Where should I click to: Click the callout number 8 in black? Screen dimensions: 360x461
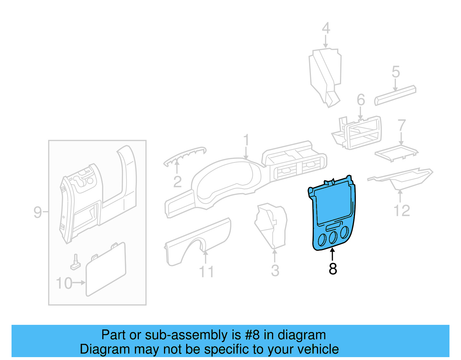(333, 269)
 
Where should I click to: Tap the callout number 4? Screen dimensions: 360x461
(326, 28)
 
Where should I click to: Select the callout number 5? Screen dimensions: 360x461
(396, 72)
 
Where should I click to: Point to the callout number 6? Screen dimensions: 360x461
(361, 100)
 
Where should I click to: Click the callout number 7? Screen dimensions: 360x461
(402, 126)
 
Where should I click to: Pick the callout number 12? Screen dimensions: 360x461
(402, 211)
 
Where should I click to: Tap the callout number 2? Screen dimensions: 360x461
(177, 182)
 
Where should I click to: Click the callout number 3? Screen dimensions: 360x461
(275, 271)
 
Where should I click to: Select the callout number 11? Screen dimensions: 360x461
(206, 272)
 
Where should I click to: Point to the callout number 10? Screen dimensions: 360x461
(64, 283)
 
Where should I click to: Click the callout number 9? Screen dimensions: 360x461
(38, 212)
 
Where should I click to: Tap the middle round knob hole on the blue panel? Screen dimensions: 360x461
(333, 237)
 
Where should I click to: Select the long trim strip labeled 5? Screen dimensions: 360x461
(395, 95)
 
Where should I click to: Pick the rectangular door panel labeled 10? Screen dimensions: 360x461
(106, 269)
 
